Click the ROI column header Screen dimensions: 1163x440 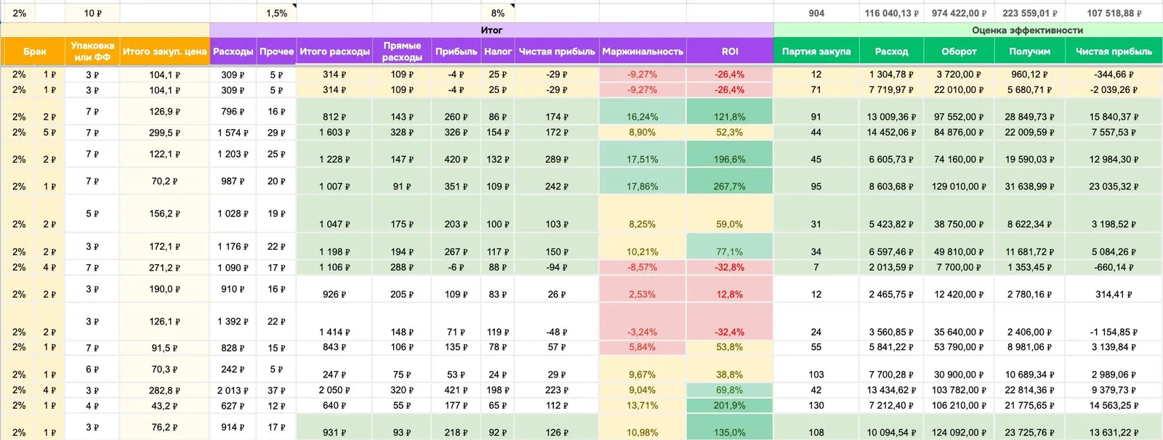point(730,52)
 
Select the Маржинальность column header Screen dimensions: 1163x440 point(643,52)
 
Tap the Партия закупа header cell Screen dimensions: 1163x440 point(816,52)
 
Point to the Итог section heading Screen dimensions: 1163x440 point(491,30)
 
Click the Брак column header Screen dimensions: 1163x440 point(35,52)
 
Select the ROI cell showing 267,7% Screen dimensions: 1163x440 point(730,187)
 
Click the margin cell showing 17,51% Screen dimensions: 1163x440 point(643,159)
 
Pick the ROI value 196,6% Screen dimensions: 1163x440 point(730,159)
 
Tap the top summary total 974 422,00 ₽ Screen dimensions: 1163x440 point(959,13)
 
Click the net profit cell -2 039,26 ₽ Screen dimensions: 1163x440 point(1114,90)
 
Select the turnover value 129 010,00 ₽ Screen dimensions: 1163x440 point(959,187)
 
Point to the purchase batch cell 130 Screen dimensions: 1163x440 point(816,405)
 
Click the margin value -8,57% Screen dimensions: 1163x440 point(643,267)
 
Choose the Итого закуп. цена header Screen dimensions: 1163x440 point(164,52)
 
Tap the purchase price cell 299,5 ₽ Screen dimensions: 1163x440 point(164,132)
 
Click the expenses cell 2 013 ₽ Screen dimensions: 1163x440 point(233,390)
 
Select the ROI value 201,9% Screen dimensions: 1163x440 point(730,405)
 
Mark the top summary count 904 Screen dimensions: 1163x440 point(816,13)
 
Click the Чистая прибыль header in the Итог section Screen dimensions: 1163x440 point(557,52)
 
